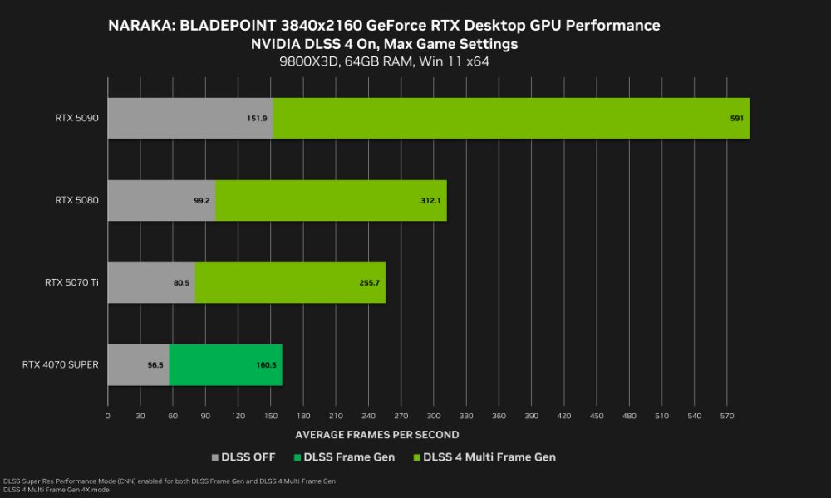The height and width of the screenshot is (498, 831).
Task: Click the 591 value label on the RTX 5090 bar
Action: (736, 119)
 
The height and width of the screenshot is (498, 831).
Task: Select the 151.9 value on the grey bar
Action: (257, 119)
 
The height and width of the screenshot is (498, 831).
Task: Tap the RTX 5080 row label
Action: (77, 200)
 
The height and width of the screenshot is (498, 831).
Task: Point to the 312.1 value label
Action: (430, 201)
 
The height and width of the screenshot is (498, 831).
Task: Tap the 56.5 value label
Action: (155, 365)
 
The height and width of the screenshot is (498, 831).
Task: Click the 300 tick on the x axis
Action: (434, 415)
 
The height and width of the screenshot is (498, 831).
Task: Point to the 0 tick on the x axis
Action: (108, 415)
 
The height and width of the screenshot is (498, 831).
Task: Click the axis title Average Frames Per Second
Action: (377, 434)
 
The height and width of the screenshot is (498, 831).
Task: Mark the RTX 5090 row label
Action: (77, 119)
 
